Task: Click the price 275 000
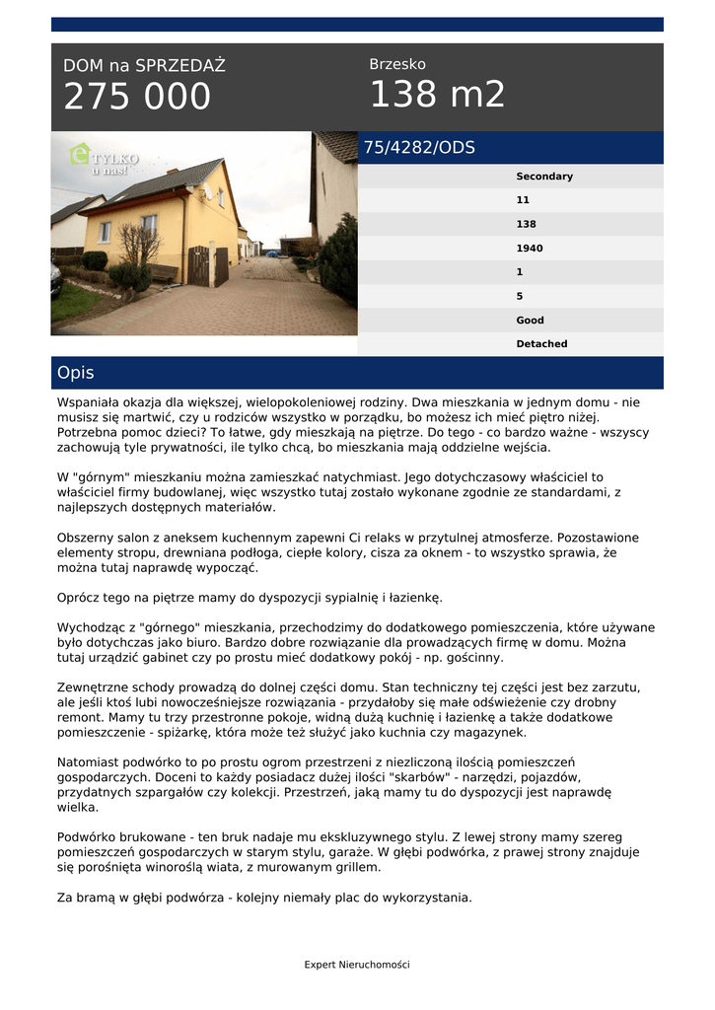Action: click(137, 97)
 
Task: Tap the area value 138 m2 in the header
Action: click(437, 95)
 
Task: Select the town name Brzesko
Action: click(397, 65)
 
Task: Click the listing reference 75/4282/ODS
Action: click(419, 148)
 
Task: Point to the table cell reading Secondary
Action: click(543, 177)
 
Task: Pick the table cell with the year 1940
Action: click(530, 249)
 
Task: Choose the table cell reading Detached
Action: click(541, 344)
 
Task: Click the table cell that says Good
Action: click(530, 321)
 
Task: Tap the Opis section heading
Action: click(76, 373)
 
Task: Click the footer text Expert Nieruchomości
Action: click(357, 965)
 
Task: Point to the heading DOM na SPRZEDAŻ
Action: click(144, 66)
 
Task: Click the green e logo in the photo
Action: click(80, 154)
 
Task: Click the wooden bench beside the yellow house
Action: click(164, 272)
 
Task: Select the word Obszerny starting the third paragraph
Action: click(87, 539)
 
